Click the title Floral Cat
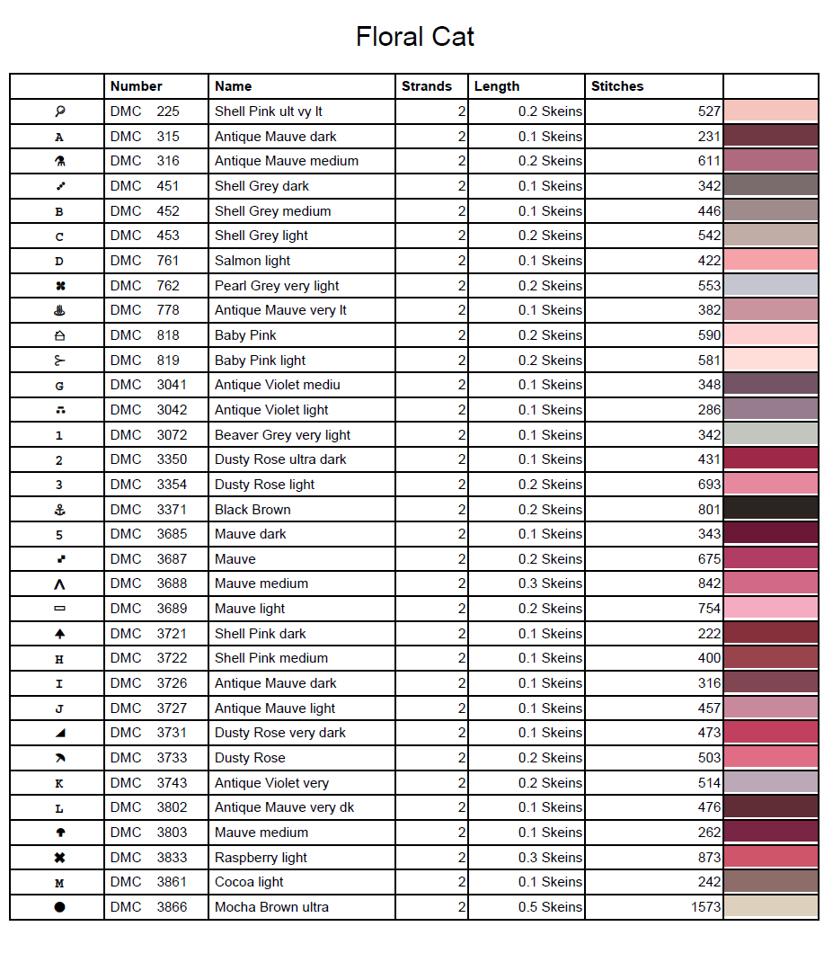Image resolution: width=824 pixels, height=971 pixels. click(x=414, y=37)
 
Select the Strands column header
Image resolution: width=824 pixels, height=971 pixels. click(x=426, y=86)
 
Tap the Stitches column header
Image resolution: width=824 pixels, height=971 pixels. click(x=617, y=86)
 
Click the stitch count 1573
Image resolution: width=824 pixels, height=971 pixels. click(x=705, y=907)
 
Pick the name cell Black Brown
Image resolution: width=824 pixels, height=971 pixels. click(x=253, y=510)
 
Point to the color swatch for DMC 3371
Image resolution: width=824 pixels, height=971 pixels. click(x=770, y=509)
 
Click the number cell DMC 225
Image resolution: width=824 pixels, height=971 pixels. click(x=145, y=111)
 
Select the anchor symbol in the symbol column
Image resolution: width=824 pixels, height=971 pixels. click(x=59, y=510)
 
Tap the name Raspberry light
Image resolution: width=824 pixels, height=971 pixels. click(x=261, y=858)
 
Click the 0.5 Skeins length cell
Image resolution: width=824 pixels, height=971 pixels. click(x=550, y=907)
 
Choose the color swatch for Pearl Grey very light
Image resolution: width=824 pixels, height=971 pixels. click(x=770, y=286)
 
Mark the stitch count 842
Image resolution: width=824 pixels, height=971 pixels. click(x=709, y=583)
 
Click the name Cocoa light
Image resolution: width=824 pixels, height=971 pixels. click(x=249, y=882)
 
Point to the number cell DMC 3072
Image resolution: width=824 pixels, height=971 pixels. click(x=148, y=435)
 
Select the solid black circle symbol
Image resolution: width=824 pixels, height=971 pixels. click(x=59, y=907)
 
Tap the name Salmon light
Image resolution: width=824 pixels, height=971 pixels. click(x=253, y=261)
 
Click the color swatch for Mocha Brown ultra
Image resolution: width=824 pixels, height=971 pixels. click(x=770, y=906)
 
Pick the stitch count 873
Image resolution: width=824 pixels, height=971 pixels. click(x=709, y=858)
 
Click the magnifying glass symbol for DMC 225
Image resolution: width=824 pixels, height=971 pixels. click(x=59, y=111)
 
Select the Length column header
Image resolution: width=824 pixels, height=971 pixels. click(x=497, y=86)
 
